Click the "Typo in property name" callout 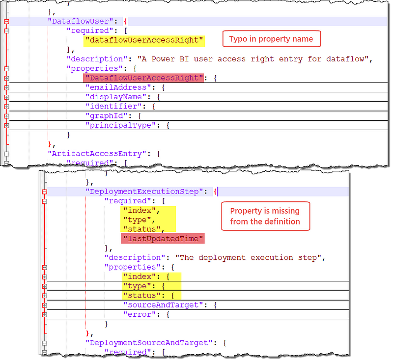coord(271,39)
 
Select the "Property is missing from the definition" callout coord(265,216)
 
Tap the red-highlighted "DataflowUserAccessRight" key coord(143,78)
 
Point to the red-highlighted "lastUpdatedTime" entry coord(162,238)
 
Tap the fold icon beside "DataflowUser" coord(6,22)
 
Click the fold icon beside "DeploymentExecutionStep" coord(44,192)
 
